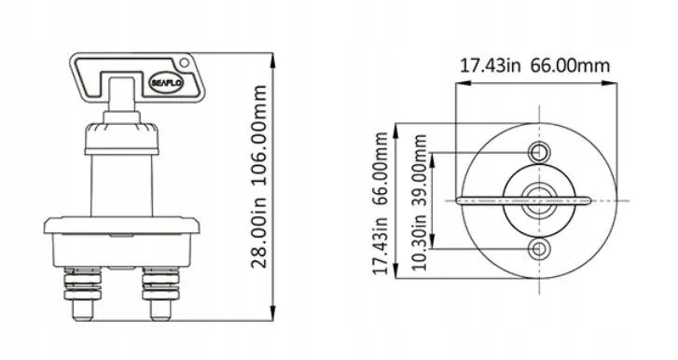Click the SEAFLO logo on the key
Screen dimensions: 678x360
(167, 83)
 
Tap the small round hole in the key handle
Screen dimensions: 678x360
(185, 62)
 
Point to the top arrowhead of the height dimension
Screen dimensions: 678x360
(272, 60)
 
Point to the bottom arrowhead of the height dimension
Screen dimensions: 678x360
(272, 313)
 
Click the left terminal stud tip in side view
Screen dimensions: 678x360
(82, 312)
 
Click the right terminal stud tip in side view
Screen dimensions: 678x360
(160, 312)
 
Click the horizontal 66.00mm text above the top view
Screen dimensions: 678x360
(570, 65)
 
